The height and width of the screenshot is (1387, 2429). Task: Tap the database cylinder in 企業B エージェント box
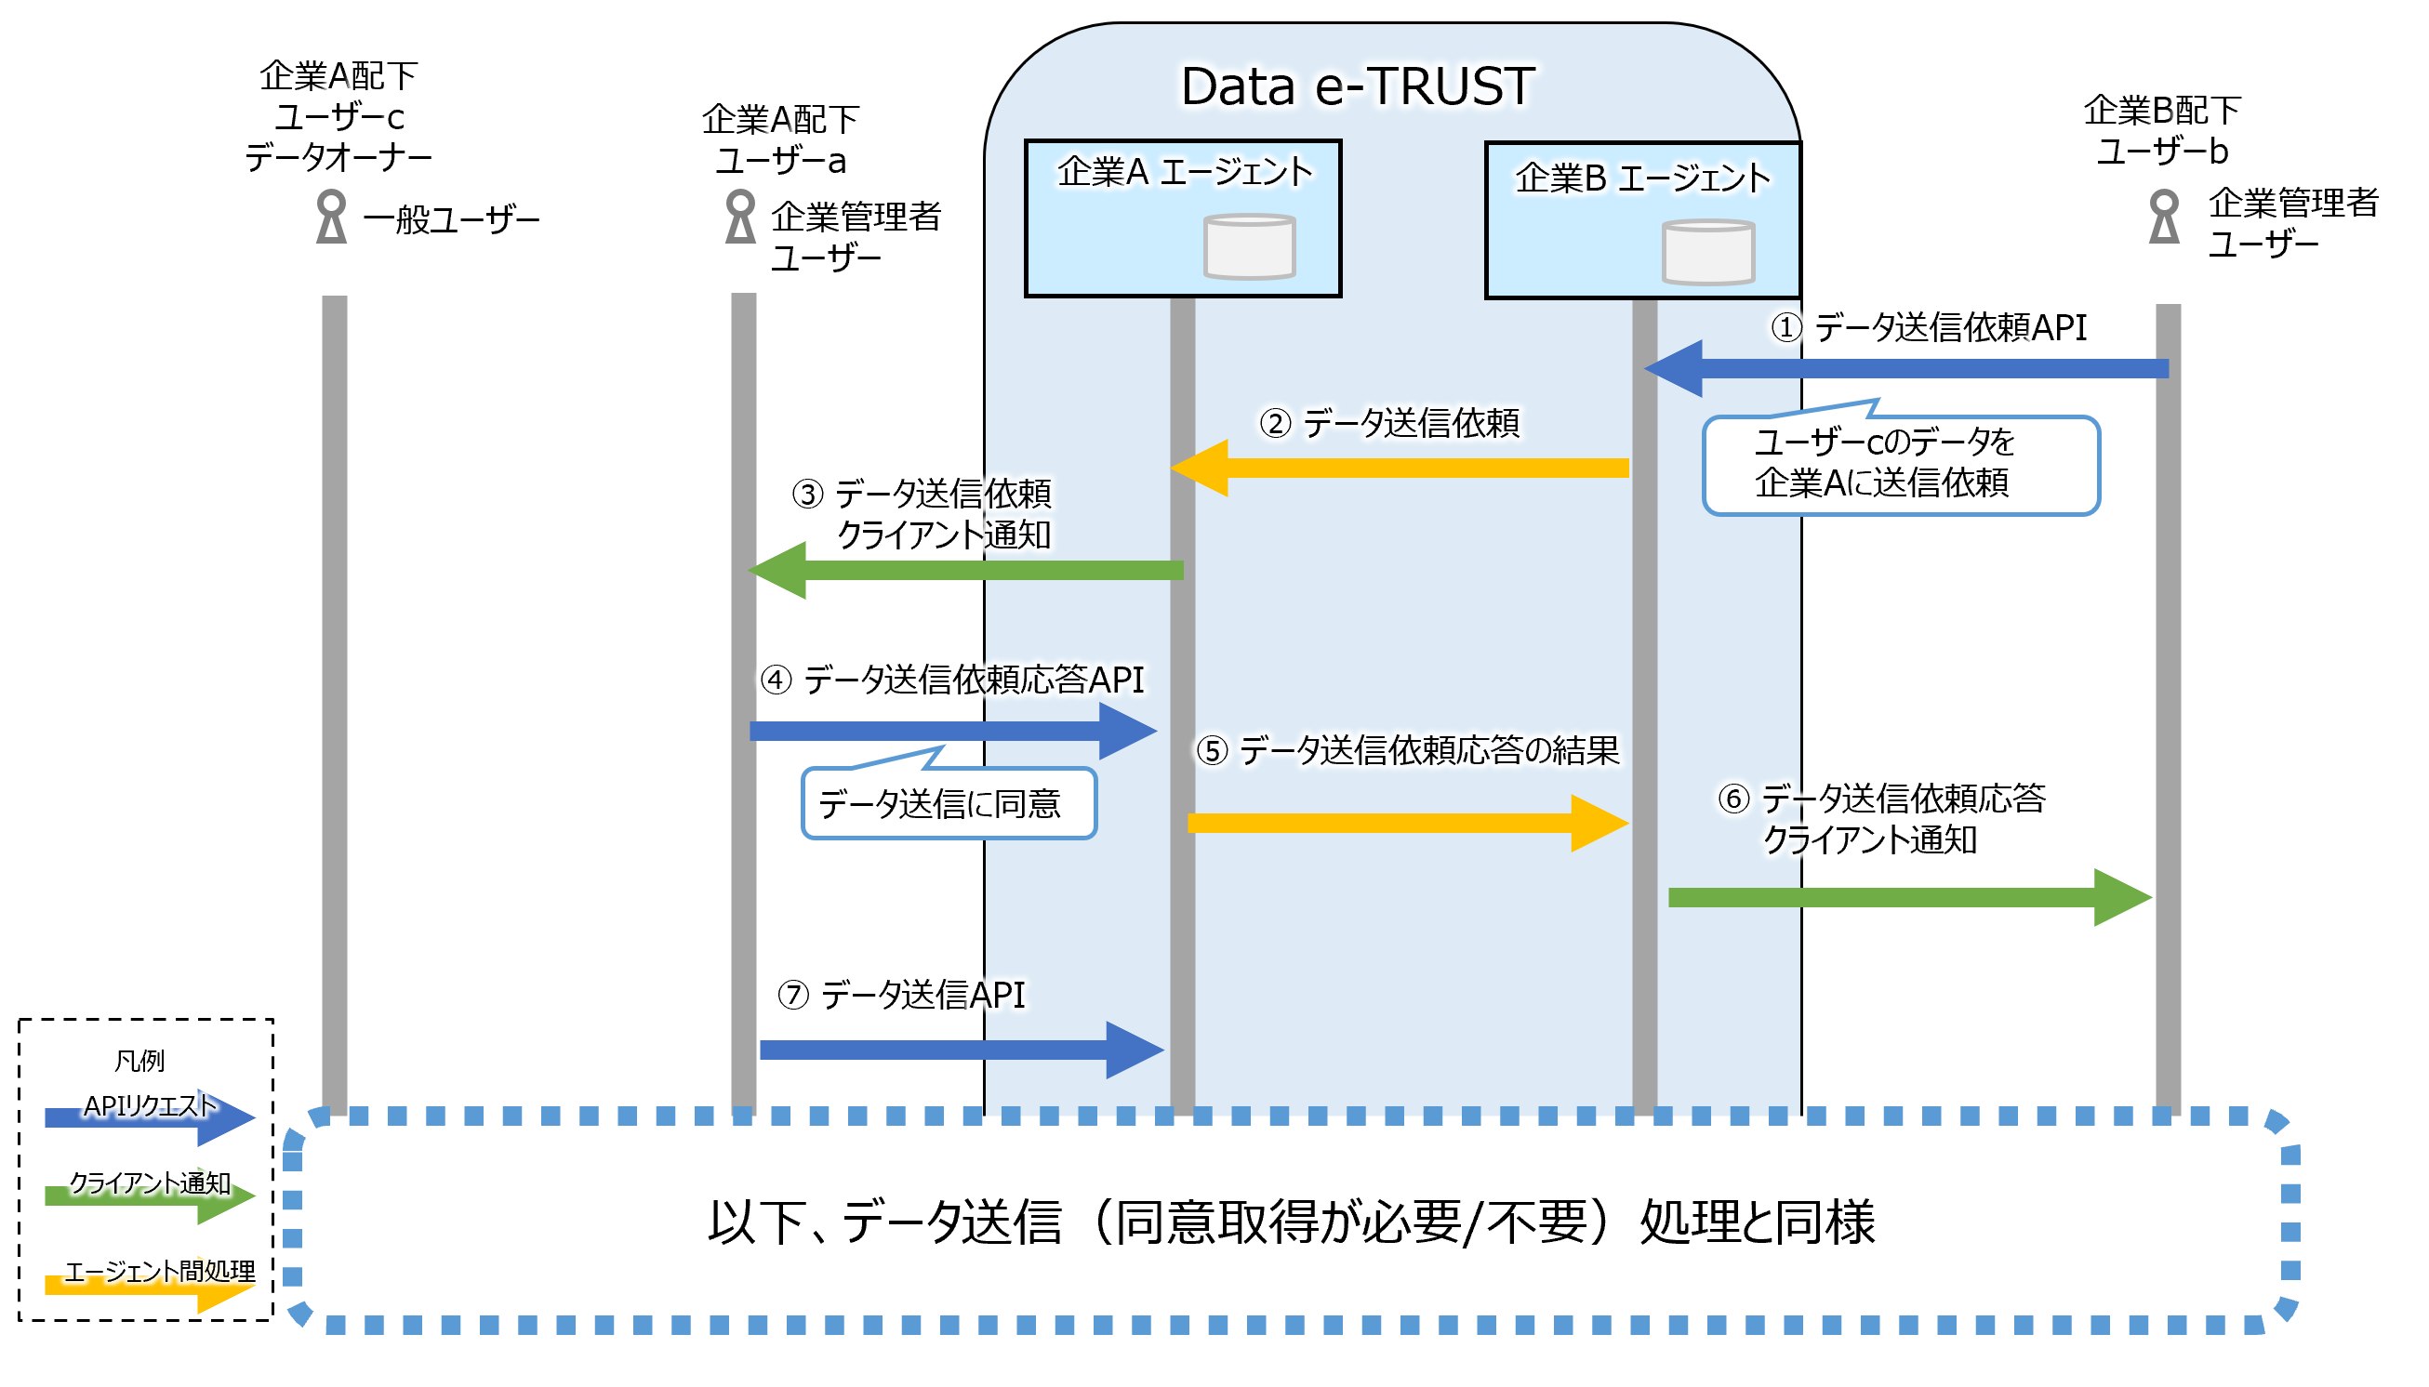coord(1706,252)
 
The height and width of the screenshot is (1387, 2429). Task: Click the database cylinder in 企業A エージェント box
coord(1248,245)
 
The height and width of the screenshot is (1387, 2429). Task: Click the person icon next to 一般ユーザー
coord(331,217)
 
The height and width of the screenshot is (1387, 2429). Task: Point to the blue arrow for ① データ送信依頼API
coord(1905,368)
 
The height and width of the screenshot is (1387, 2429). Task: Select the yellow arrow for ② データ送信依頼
coord(1400,468)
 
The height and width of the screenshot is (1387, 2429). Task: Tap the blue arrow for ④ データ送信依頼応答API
coord(953,731)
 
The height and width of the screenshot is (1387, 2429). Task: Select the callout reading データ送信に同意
coord(949,803)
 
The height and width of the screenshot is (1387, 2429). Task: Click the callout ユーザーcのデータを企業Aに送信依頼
coord(1899,464)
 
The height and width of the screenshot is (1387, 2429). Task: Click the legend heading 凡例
coord(139,1059)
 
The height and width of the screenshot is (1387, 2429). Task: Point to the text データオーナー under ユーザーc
coord(338,156)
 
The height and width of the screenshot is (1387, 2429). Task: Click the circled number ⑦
coord(793,995)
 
